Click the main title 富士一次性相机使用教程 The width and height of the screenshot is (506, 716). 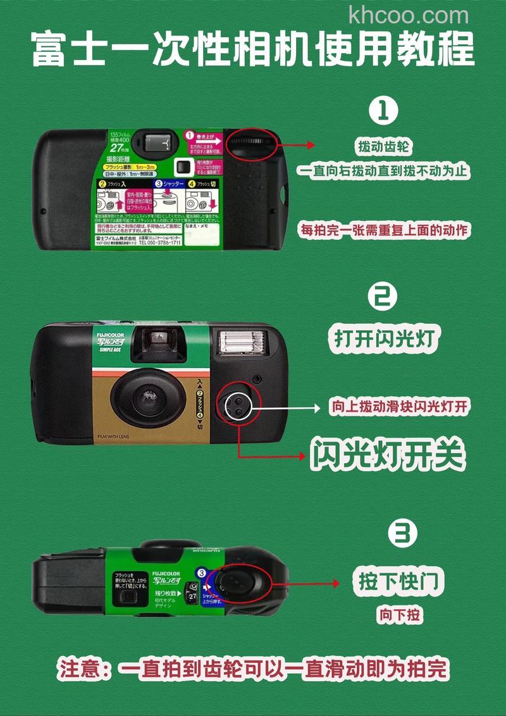(x=253, y=50)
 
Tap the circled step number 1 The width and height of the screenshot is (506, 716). (x=383, y=111)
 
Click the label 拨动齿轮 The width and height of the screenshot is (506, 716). (x=383, y=147)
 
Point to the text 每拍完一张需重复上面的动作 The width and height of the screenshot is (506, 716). (x=384, y=230)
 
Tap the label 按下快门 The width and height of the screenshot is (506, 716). (x=398, y=581)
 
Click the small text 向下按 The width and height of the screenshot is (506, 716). (x=400, y=614)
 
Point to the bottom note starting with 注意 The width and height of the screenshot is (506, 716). (x=253, y=669)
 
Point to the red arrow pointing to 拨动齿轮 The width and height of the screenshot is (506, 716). (x=297, y=145)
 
